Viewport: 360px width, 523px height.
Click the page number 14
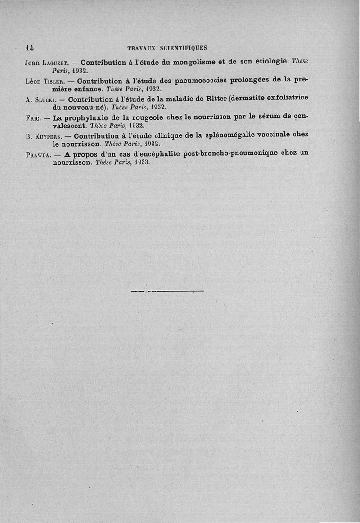31,47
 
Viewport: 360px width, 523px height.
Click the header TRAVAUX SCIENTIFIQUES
167,48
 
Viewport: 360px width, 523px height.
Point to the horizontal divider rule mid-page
167,292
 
